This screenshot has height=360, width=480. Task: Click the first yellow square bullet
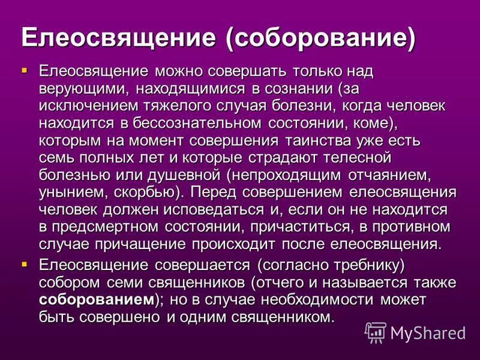coord(25,71)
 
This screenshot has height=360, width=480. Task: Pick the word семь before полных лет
coord(58,159)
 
